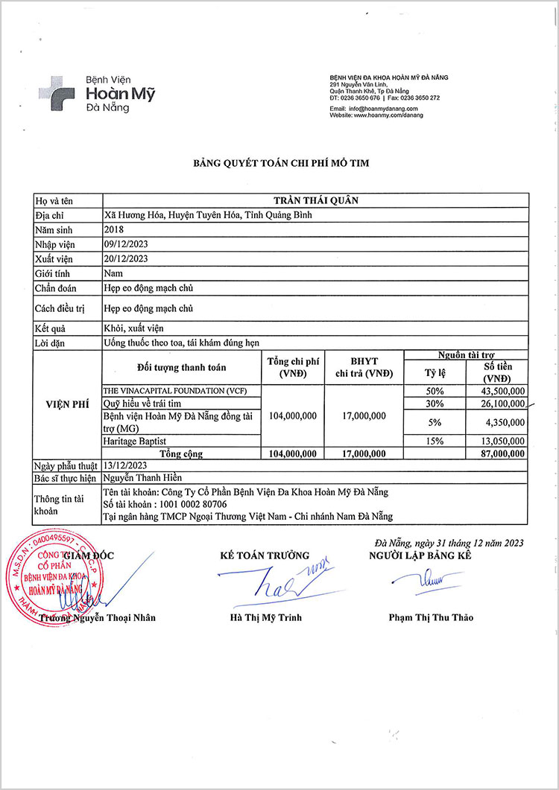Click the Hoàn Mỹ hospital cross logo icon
coord(59,93)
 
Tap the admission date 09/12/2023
coord(126,244)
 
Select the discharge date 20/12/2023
coord(126,258)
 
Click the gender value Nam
coord(113,273)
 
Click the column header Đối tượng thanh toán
coord(182,367)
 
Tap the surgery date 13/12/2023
coord(126,465)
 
